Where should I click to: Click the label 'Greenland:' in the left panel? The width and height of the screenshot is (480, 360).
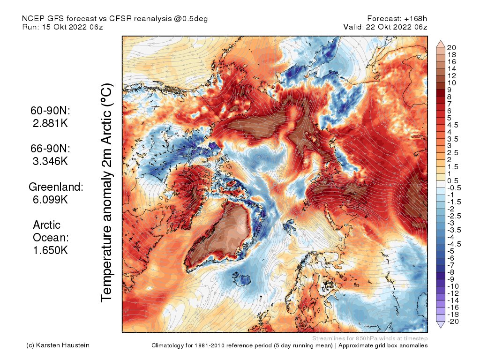click(56, 187)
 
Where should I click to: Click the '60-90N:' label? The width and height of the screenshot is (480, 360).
click(50, 112)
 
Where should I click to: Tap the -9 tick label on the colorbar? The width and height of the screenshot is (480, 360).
click(450, 279)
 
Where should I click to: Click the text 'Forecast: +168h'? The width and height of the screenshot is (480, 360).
click(397, 19)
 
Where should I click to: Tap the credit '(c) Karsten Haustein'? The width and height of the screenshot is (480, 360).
click(58, 345)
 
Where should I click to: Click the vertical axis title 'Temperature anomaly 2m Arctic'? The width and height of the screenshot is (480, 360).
click(107, 192)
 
